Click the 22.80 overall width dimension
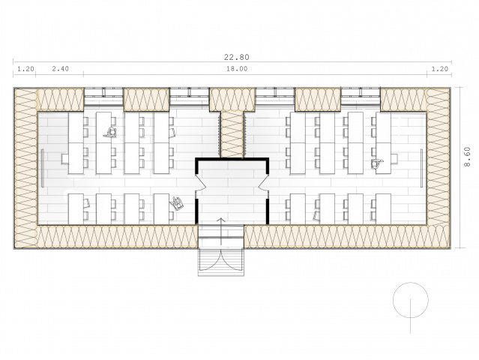click(x=236, y=57)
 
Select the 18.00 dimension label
click(x=237, y=69)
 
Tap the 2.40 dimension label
click(x=60, y=69)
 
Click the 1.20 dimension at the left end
click(x=25, y=69)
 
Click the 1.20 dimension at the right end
click(x=439, y=69)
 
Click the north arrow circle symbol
click(x=411, y=300)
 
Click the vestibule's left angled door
click(x=200, y=182)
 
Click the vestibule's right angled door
click(x=263, y=182)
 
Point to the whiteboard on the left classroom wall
click(x=43, y=168)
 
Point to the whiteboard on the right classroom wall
click(x=421, y=168)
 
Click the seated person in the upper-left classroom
click(x=110, y=132)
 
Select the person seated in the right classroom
click(x=376, y=163)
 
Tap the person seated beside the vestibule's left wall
click(x=177, y=203)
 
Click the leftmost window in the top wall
click(x=103, y=96)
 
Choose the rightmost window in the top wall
click(x=361, y=96)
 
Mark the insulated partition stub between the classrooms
click(x=232, y=134)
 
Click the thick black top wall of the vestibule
click(x=232, y=159)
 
